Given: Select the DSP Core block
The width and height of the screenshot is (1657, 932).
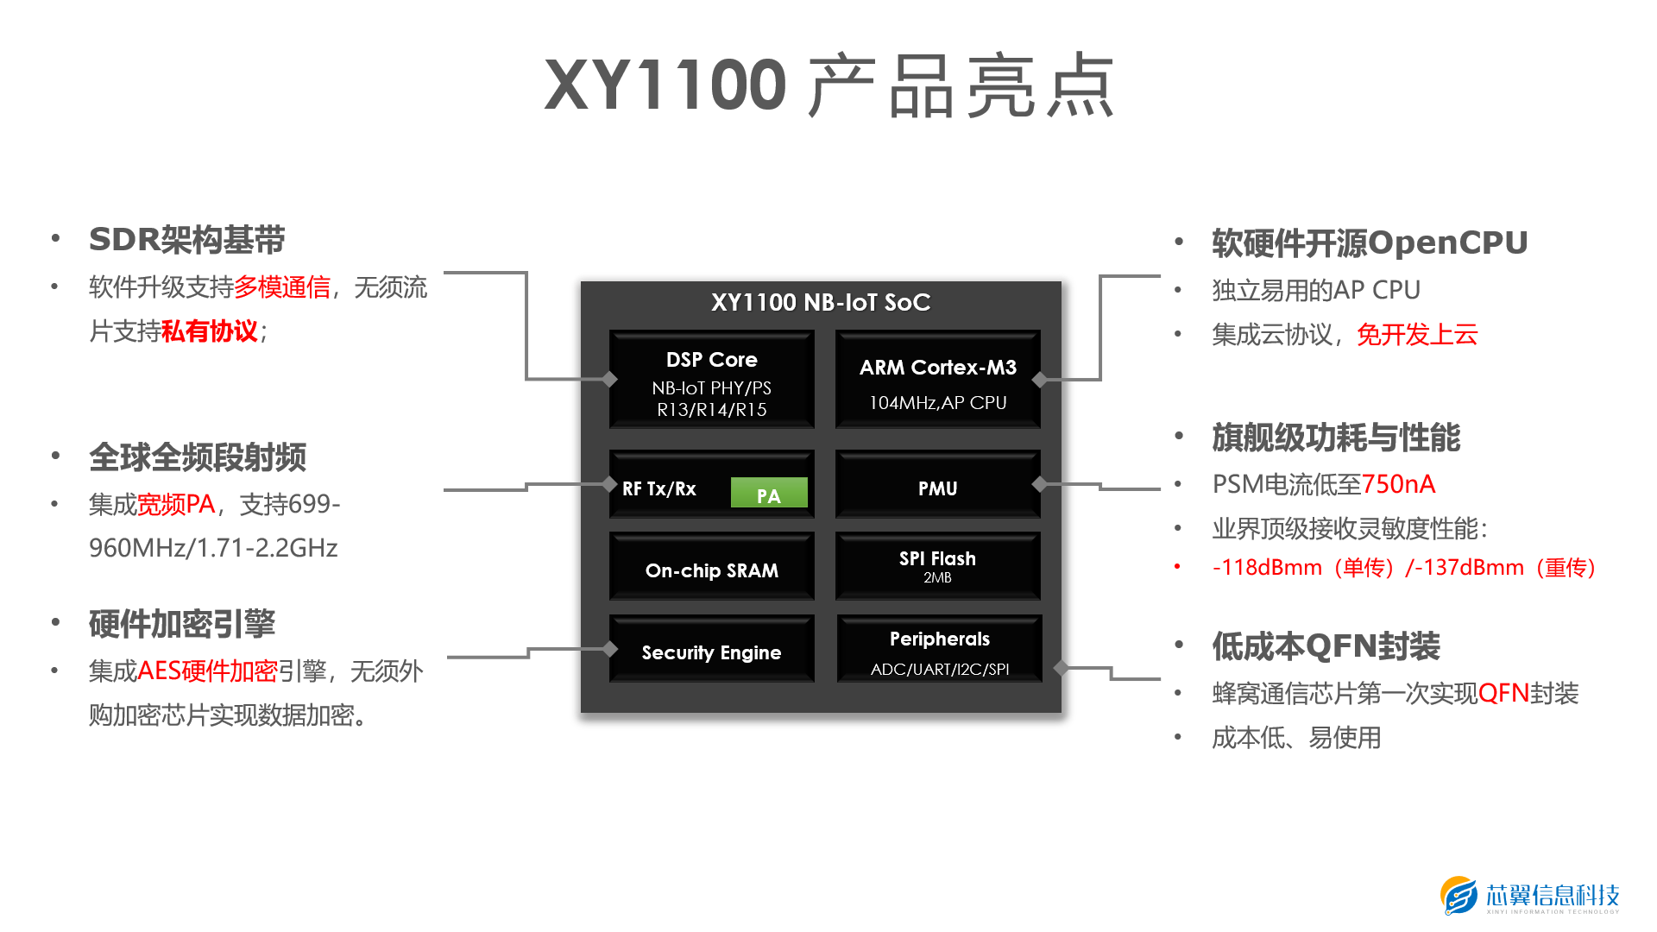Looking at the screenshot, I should coord(711,380).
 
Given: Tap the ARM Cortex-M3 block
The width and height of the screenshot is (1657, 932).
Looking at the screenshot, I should coord(937,380).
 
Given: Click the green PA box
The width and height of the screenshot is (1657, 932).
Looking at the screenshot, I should coord(768,494).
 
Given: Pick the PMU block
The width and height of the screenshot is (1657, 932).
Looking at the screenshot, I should coord(937,487).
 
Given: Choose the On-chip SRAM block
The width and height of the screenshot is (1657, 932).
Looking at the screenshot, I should coord(711,570).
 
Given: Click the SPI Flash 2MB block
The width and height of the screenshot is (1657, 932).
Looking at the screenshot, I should coord(937,566).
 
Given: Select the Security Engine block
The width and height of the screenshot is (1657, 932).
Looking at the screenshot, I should coord(711,652).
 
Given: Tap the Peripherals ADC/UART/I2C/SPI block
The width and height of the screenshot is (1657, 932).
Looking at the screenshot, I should coord(939,651).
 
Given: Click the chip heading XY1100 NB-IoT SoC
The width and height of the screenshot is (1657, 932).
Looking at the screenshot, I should coord(820,302).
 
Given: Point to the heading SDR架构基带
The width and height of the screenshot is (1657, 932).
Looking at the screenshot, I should coord(186,240).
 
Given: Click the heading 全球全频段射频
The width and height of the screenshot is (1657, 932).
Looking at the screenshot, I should coord(198,457).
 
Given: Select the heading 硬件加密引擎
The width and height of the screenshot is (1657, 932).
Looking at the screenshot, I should coord(182,624).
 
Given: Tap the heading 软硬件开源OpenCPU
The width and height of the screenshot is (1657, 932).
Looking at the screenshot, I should coord(1370,243).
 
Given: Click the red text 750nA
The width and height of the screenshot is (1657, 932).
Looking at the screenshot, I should coord(1398,484).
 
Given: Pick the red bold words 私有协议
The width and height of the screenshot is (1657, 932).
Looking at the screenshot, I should coord(209,331).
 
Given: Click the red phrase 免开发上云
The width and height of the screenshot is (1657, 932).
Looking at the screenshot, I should coord(1417,334).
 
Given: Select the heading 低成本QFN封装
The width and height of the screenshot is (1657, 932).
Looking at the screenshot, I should coord(1326,646).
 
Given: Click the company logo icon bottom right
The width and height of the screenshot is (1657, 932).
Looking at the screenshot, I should coord(1459,896).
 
